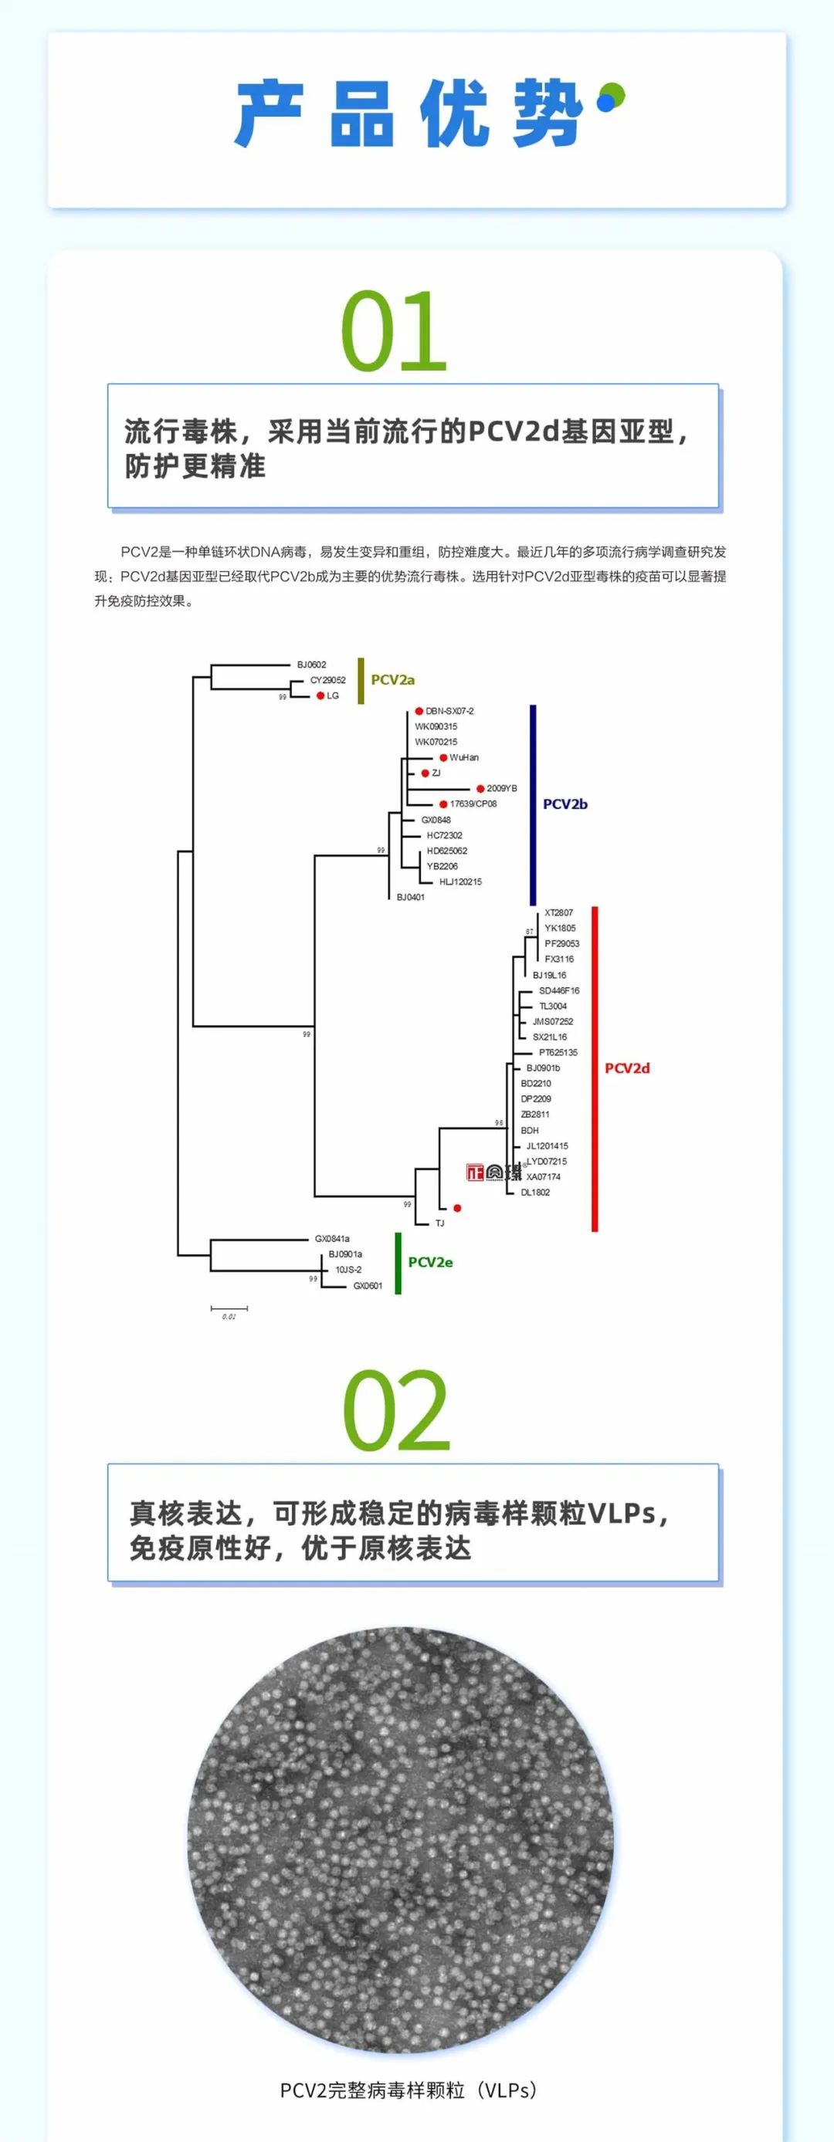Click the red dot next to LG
(x=320, y=696)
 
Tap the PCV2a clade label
(x=392, y=680)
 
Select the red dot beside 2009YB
(x=480, y=788)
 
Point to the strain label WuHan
(x=464, y=757)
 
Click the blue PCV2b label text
(x=564, y=804)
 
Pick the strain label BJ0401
(x=410, y=897)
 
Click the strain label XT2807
(x=559, y=912)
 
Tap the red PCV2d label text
(x=627, y=1068)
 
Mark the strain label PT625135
(x=558, y=1053)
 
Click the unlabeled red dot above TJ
(x=457, y=1207)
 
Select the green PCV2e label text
(x=430, y=1262)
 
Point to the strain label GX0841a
(x=332, y=1239)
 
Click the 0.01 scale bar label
(x=229, y=1317)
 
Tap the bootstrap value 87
(x=530, y=932)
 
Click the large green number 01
(x=394, y=332)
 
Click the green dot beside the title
(x=615, y=93)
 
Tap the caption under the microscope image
(x=409, y=2090)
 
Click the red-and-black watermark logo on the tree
(x=494, y=1173)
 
